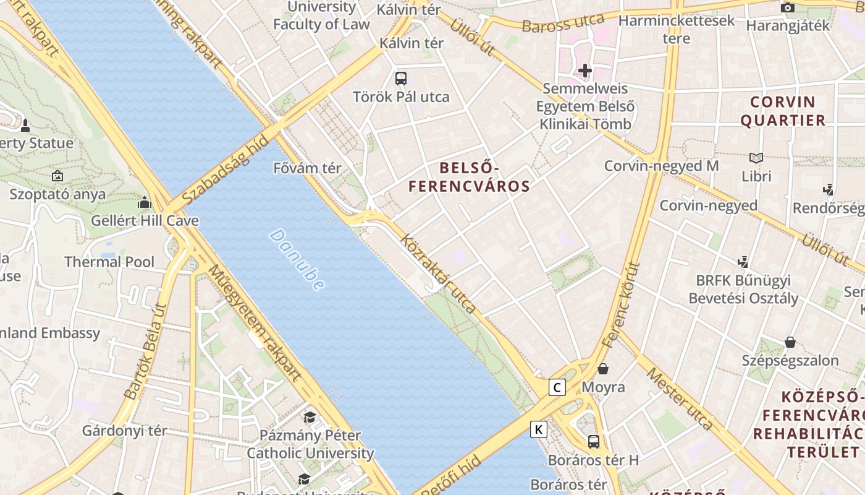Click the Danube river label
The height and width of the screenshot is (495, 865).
(297, 260)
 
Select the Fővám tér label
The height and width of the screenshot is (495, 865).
(307, 168)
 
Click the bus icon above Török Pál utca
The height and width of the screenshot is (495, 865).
(401, 79)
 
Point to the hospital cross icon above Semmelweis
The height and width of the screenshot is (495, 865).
(584, 71)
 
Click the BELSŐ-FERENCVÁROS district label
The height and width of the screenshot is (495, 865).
(469, 177)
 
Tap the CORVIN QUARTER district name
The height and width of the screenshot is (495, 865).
(783, 111)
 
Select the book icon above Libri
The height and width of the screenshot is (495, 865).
(756, 158)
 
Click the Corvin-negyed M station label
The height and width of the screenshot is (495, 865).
(661, 166)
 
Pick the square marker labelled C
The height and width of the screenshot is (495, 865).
(557, 388)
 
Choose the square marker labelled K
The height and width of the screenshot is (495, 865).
(539, 429)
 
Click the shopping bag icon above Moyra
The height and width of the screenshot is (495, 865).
(603, 369)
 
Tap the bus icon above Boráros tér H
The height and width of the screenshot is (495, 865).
(594, 441)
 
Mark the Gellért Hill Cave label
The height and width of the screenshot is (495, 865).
(145, 221)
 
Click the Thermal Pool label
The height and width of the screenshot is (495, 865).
(109, 262)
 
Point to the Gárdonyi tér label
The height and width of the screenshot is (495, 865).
(125, 431)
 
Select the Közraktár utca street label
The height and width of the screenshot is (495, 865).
(438, 273)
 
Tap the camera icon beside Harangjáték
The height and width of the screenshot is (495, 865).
(787, 7)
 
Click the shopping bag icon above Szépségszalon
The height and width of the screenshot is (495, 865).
(790, 342)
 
